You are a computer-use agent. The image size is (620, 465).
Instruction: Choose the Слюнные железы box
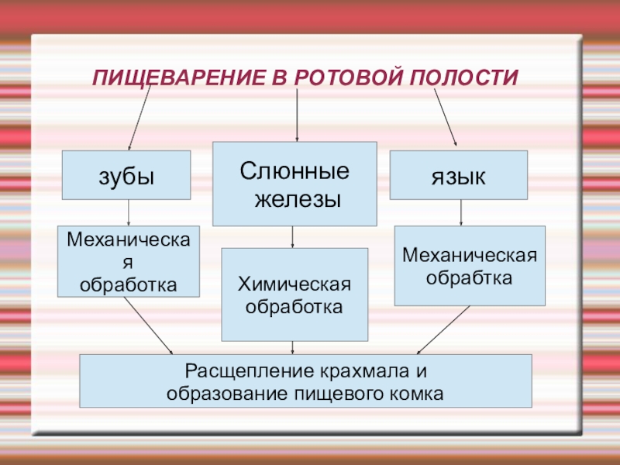tap(294, 184)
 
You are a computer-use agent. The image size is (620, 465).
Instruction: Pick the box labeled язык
tap(458, 175)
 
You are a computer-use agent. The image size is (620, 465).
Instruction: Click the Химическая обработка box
tap(294, 294)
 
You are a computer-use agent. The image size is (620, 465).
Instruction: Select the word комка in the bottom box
tap(418, 394)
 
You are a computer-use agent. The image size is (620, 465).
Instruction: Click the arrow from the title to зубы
tap(139, 116)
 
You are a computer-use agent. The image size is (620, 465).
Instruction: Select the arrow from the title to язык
tap(445, 116)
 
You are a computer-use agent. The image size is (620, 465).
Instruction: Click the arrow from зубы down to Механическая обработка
tap(129, 213)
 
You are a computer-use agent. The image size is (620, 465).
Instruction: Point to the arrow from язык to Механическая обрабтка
tap(461, 212)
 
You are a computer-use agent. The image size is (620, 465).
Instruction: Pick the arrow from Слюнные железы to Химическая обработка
tap(293, 236)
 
